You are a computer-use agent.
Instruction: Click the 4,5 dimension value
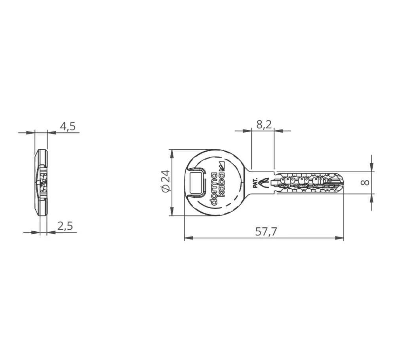coord(68,126)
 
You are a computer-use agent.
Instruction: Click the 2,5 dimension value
coord(65,226)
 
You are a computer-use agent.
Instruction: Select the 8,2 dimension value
coord(264,124)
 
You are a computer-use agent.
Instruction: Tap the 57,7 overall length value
coord(266,232)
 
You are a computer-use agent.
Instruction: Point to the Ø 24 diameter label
coord(165,181)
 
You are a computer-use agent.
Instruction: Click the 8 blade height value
coord(366,183)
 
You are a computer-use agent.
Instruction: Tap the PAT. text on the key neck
coord(255,183)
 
